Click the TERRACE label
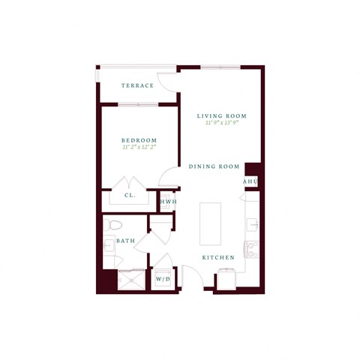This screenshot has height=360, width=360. (x=137, y=85)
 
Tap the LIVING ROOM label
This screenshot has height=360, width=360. (x=222, y=115)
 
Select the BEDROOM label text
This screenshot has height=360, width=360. (x=139, y=140)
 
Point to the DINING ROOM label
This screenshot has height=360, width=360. (x=214, y=166)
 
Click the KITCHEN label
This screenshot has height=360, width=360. (x=218, y=257)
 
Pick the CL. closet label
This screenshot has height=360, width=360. (x=129, y=197)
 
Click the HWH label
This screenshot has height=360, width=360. (x=168, y=201)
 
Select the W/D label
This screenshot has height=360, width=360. (x=163, y=279)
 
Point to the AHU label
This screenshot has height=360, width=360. (x=250, y=182)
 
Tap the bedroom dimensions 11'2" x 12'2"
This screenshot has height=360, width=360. (x=139, y=148)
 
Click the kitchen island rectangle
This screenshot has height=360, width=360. (x=211, y=223)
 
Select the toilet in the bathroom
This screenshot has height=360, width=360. (x=112, y=224)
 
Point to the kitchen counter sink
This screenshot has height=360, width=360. (x=252, y=223)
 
